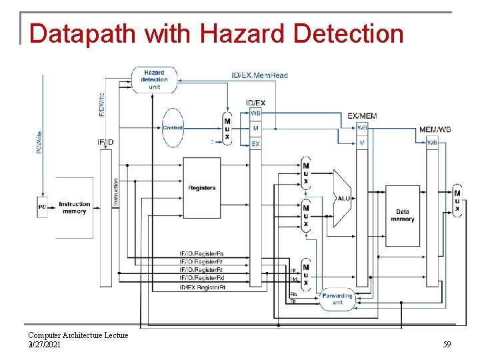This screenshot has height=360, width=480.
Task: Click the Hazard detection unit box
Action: coord(154,79)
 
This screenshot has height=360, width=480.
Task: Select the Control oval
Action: coord(173,127)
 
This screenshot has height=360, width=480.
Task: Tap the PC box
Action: coord(42,207)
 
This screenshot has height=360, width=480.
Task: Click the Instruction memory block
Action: coord(74,207)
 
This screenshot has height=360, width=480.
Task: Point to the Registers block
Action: coord(201,187)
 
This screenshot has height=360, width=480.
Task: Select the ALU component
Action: coord(343,197)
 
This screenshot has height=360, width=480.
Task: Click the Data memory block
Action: coord(402,215)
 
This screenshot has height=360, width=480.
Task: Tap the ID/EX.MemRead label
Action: coord(259,75)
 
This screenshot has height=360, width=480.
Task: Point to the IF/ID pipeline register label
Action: coord(105,142)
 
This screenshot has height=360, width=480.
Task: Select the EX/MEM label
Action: coord(362,115)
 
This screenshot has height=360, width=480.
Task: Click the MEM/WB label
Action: coord(435,129)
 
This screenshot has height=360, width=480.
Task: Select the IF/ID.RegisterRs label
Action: coord(201,254)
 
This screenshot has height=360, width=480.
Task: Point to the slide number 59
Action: coord(447,345)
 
